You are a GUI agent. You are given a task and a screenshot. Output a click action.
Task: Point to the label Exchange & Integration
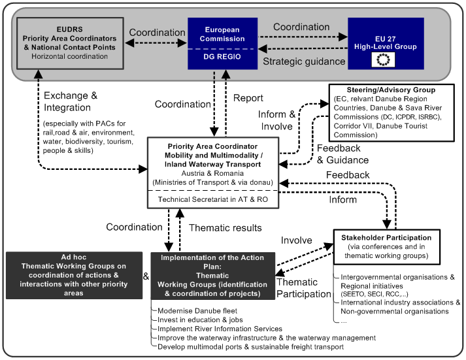(71, 101)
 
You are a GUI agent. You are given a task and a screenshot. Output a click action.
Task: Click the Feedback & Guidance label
(342, 154)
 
